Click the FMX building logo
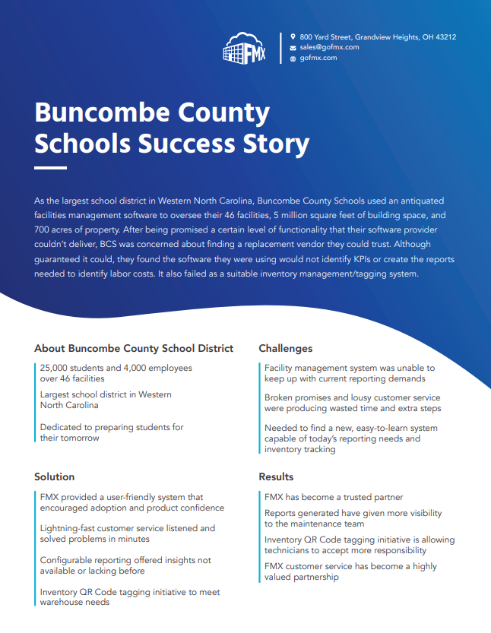(x=245, y=48)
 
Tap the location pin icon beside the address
(x=293, y=36)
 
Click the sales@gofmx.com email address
(x=329, y=47)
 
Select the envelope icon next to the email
(x=293, y=47)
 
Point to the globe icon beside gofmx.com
(x=293, y=58)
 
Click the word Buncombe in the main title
(x=97, y=112)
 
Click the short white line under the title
(x=50, y=167)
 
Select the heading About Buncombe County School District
(x=134, y=349)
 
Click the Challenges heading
(x=286, y=349)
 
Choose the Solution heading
(x=55, y=477)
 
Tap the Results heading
(x=276, y=477)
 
